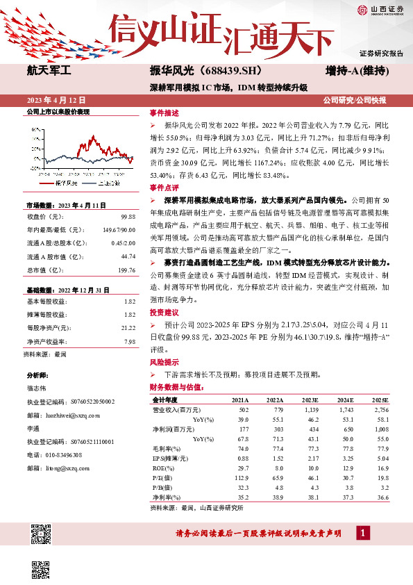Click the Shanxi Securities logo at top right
point(380,9)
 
